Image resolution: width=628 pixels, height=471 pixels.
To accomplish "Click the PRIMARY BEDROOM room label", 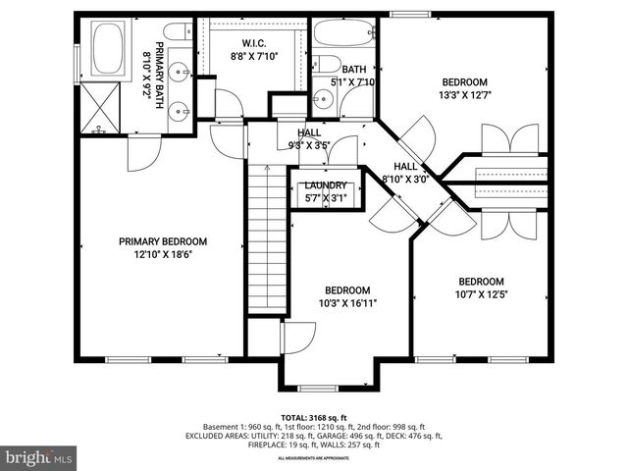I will click(163, 241).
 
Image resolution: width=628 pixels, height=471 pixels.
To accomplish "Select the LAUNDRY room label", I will click(325, 185).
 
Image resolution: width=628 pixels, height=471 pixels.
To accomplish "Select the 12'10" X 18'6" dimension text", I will click(163, 254).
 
